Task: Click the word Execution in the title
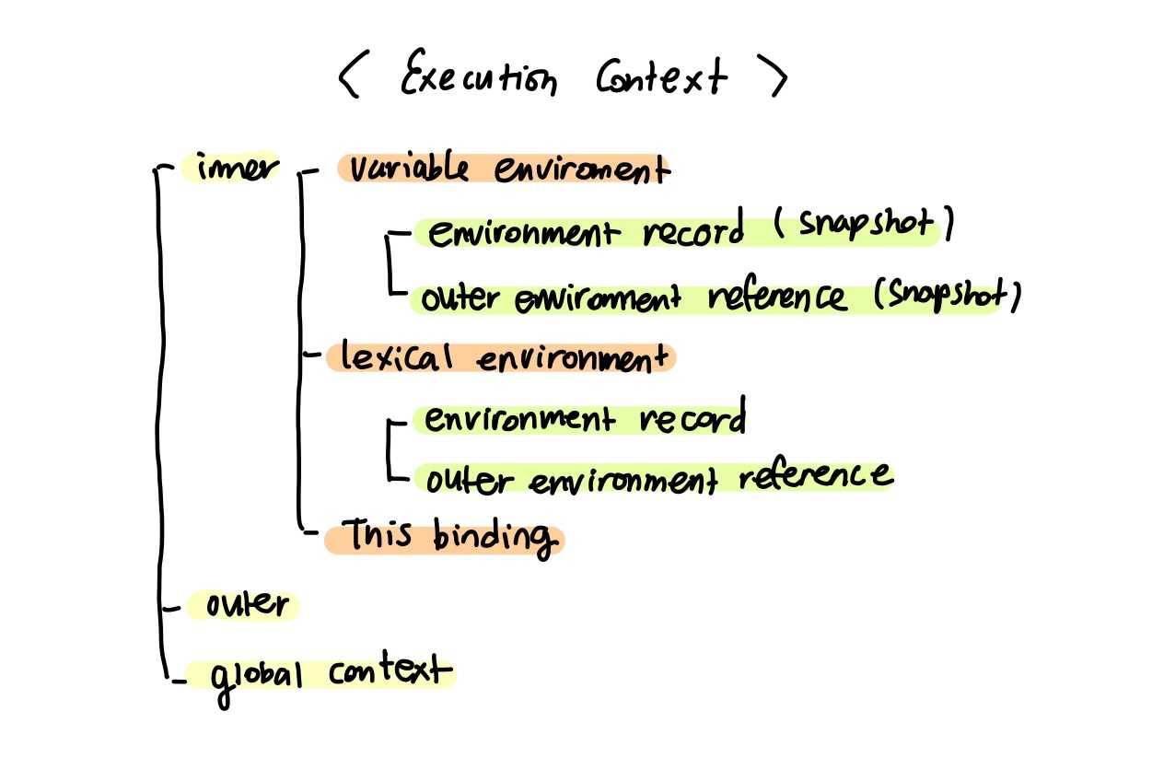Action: [x=478, y=77]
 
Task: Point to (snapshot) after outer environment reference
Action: [x=947, y=295]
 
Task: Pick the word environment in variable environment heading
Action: [x=580, y=171]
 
